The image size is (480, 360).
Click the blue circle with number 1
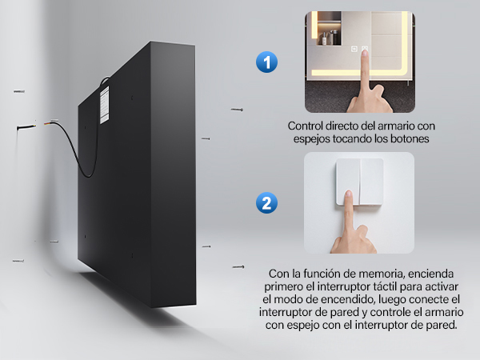266,62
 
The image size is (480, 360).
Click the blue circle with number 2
266,202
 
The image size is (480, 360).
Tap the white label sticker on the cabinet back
104,105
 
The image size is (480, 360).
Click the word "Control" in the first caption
306,126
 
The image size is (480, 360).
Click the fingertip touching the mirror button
364,54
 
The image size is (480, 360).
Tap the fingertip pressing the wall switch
348,194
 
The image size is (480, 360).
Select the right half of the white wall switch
372,182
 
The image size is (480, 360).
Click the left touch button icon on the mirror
354,49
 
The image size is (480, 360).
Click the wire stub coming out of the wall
26,126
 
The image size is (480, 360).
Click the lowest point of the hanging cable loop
89,177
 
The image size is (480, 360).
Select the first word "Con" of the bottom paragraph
277,274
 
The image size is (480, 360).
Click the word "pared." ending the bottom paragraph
442,325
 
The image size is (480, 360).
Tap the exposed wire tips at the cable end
48,122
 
